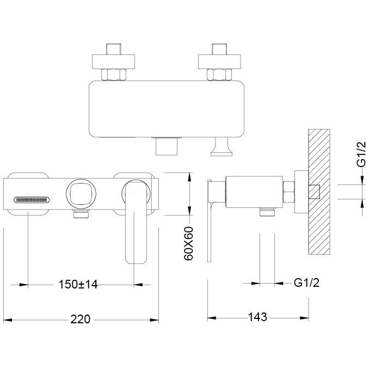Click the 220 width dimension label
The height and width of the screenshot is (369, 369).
pos(80,319)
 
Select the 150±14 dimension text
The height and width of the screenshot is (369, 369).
pos(78,284)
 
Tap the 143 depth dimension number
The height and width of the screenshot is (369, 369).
pos(257,317)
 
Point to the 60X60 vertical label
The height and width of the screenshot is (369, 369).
pos(188,243)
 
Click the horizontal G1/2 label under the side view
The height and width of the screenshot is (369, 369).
pos(306,282)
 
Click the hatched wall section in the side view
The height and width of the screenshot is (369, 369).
pos(319,192)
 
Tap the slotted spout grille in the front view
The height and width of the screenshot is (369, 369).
pos(32,200)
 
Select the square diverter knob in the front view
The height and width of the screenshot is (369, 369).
pos(81,194)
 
